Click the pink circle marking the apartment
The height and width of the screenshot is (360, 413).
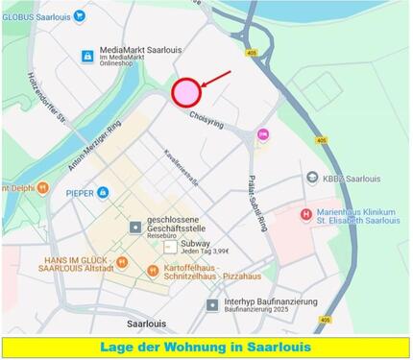pos(185,91)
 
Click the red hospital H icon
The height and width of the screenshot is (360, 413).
pos(306,214)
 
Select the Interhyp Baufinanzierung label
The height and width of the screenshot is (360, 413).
pos(272,302)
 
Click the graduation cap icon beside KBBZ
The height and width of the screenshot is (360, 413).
pos(312,178)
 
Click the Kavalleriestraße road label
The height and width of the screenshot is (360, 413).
pos(182,167)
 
